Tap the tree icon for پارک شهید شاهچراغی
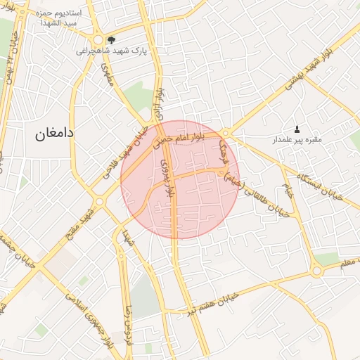(x=113, y=39)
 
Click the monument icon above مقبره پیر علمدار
(x=297, y=129)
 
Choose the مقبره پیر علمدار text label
(x=297, y=140)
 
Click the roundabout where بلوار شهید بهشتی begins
(x=226, y=132)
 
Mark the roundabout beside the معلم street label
(x=317, y=270)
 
